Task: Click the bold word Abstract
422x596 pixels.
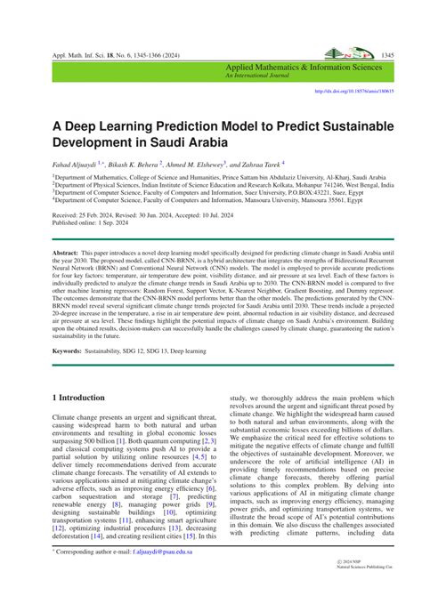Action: pyautogui.click(x=67, y=254)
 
